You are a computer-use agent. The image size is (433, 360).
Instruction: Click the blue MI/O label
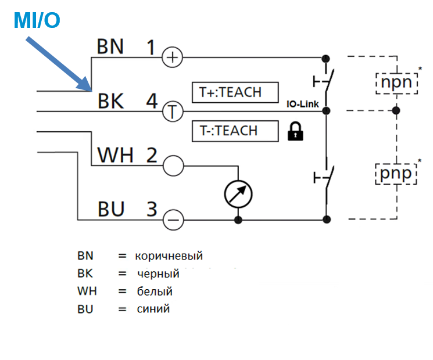coord(37,21)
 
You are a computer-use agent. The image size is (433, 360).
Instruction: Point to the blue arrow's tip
coord(91,90)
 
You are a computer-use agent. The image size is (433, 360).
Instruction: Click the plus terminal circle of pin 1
coord(172,57)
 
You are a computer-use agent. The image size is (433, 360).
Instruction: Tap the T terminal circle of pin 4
coord(172,111)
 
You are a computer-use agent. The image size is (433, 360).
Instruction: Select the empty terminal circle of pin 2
coord(173,165)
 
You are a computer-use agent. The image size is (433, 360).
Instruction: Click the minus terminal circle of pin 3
coord(173,220)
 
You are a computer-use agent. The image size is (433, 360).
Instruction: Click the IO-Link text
coord(301,104)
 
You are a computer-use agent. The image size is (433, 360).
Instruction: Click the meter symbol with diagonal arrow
coord(238,194)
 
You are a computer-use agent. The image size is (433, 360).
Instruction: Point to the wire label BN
coord(110,47)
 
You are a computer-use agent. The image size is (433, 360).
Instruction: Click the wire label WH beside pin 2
coord(115,156)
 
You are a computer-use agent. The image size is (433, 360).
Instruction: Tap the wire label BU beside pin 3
coord(110,208)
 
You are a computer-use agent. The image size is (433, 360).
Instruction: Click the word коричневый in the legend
coord(169,255)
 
